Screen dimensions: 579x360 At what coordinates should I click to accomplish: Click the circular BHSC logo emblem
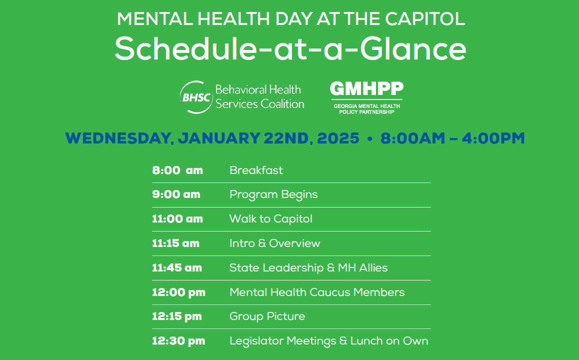pos(196,97)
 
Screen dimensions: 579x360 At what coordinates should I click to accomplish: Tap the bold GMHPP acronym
pos(366,88)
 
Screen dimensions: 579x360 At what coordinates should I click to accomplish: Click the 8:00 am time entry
pos(177,170)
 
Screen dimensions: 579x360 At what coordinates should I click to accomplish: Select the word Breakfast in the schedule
pos(256,170)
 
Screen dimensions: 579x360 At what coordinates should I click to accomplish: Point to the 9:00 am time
pos(176,194)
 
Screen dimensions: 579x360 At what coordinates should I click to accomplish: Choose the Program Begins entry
pos(273,194)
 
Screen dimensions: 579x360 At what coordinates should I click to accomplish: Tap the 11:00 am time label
pos(177,218)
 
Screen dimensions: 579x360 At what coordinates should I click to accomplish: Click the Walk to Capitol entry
pos(271,218)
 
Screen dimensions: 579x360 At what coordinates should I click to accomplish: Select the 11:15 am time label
pos(176,243)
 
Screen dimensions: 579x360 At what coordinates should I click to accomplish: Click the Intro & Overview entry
pos(274,243)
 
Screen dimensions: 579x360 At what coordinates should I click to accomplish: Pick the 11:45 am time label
pos(177,267)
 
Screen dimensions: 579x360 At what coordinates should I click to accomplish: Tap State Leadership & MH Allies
pos(308,267)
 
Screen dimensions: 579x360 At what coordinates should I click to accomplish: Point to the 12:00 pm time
pos(178,292)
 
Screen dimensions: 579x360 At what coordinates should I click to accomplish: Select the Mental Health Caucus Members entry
pos(317,292)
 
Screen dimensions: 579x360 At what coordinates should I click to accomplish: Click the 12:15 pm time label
pos(177,316)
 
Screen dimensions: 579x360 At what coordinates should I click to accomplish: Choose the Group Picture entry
pos(267,316)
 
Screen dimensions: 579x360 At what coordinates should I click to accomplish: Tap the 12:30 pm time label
pos(178,341)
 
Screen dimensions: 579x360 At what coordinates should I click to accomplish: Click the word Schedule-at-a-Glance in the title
pos(290,48)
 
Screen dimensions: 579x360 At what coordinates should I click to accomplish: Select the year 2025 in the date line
pos(338,138)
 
